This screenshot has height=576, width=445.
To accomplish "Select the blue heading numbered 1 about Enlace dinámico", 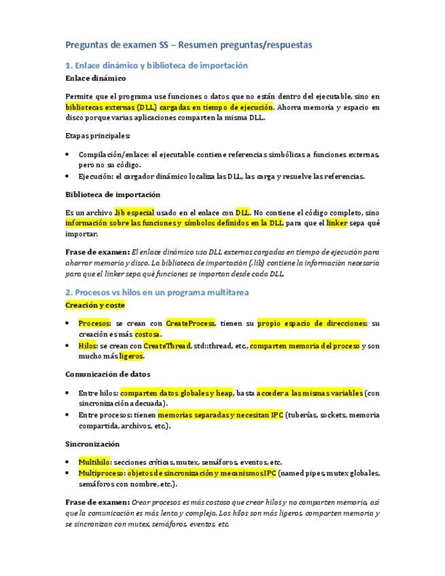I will pyautogui.click(x=156, y=65).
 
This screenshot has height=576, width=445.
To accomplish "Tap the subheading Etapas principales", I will pyautogui.click(x=98, y=135).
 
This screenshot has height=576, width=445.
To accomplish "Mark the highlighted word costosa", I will pyautogui.click(x=148, y=334).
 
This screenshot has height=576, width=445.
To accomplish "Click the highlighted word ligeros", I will pyautogui.click(x=131, y=356).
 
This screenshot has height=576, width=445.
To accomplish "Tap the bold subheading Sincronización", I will pyautogui.click(x=92, y=444).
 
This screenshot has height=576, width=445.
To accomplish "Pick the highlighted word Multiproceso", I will pyautogui.click(x=102, y=473).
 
